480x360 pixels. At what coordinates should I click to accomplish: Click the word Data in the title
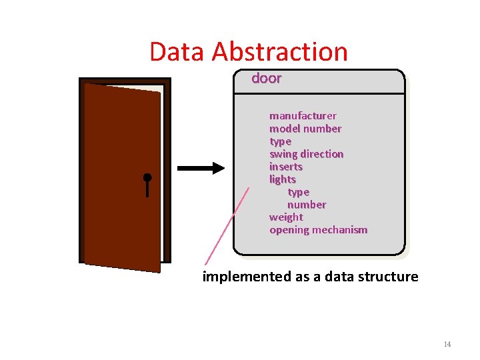pyautogui.click(x=170, y=52)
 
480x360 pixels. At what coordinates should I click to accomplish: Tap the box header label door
pyautogui.click(x=266, y=78)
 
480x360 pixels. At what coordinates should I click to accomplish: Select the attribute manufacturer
pyautogui.click(x=303, y=116)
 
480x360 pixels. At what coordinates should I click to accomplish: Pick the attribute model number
pyautogui.click(x=305, y=129)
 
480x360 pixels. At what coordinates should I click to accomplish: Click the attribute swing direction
pyautogui.click(x=306, y=154)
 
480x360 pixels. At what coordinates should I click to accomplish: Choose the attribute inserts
pyautogui.click(x=285, y=167)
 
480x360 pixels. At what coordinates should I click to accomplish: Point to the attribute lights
pyautogui.click(x=282, y=179)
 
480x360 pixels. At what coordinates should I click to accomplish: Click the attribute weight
pyautogui.click(x=286, y=217)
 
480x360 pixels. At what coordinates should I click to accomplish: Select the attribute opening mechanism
pyautogui.click(x=318, y=230)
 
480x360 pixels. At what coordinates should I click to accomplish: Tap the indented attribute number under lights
pyautogui.click(x=307, y=205)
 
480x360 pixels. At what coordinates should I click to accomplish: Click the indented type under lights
pyautogui.click(x=298, y=192)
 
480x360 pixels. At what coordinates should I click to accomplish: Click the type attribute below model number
pyautogui.click(x=280, y=141)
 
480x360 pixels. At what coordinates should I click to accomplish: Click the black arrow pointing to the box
pyautogui.click(x=201, y=169)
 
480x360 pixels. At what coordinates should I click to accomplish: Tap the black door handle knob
pyautogui.click(x=147, y=178)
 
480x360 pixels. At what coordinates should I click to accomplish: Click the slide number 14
pyautogui.click(x=447, y=344)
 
